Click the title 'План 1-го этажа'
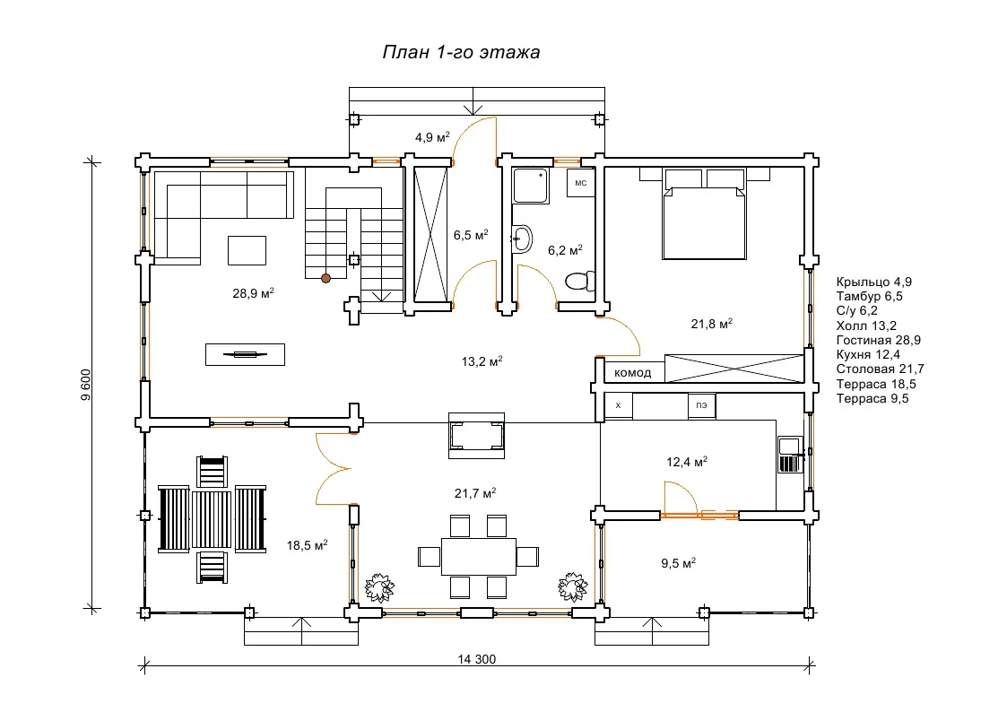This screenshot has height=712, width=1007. pyautogui.click(x=461, y=52)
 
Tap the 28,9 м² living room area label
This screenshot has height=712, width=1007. pyautogui.click(x=253, y=293)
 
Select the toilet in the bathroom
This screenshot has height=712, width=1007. pyautogui.click(x=580, y=281)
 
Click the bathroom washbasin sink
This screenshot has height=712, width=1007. pyautogui.click(x=522, y=239)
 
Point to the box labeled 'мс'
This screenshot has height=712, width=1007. pyautogui.click(x=580, y=183)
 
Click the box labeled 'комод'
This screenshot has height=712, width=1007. pyautogui.click(x=632, y=372)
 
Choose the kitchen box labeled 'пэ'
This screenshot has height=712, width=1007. pyautogui.click(x=701, y=405)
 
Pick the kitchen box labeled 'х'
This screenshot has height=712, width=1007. pyautogui.click(x=619, y=405)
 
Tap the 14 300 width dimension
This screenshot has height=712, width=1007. pyautogui.click(x=476, y=659)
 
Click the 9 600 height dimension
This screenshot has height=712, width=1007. pyautogui.click(x=86, y=385)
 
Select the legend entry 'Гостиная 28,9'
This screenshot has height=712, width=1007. pyautogui.click(x=878, y=340)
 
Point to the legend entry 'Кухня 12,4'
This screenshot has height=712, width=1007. pyautogui.click(x=868, y=355)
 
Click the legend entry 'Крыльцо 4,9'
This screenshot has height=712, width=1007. pyautogui.click(x=873, y=282)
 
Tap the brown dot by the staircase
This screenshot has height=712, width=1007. pyautogui.click(x=326, y=278)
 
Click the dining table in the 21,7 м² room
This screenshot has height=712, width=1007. pyautogui.click(x=479, y=557)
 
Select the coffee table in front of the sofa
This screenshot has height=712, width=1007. pyautogui.click(x=247, y=250)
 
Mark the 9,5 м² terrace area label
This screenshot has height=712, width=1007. pyautogui.click(x=678, y=563)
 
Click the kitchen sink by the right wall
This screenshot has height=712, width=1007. pyautogui.click(x=790, y=454)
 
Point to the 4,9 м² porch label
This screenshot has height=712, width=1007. pyautogui.click(x=432, y=136)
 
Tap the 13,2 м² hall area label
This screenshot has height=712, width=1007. pyautogui.click(x=482, y=361)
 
